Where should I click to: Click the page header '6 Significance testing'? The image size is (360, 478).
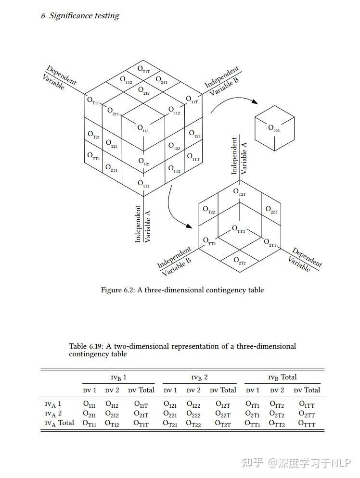80,16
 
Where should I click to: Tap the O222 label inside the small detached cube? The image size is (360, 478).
273,128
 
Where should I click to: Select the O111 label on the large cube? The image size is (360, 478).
143,128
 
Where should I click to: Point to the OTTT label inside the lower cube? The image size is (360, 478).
239,229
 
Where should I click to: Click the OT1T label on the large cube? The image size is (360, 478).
144,69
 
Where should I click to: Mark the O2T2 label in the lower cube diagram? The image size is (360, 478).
239,261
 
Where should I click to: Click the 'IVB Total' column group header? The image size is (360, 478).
282,377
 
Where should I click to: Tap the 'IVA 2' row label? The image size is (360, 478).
53,414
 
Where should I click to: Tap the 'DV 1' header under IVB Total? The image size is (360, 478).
252,390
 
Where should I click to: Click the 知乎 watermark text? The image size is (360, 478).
253,463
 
